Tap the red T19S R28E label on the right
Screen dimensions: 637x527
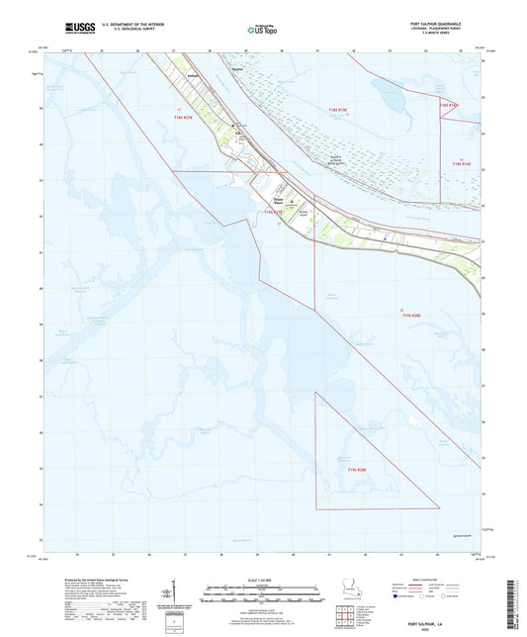tap(407, 314)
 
